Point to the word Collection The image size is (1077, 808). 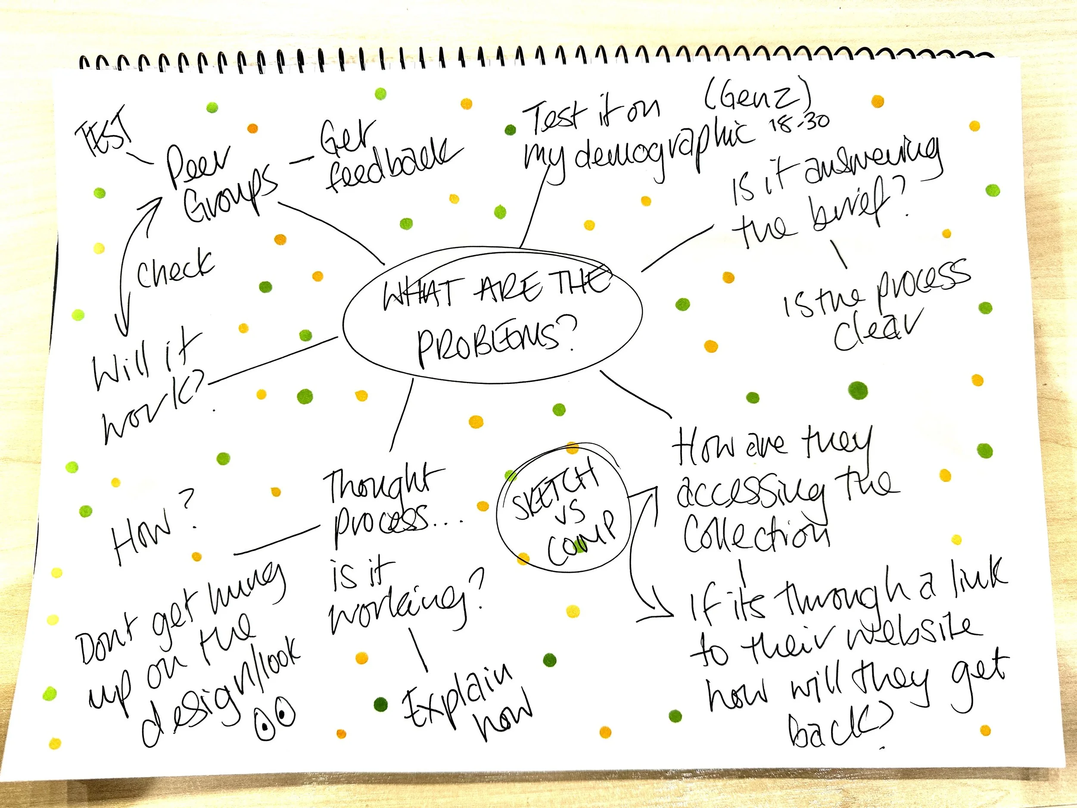pyautogui.click(x=755, y=536)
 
